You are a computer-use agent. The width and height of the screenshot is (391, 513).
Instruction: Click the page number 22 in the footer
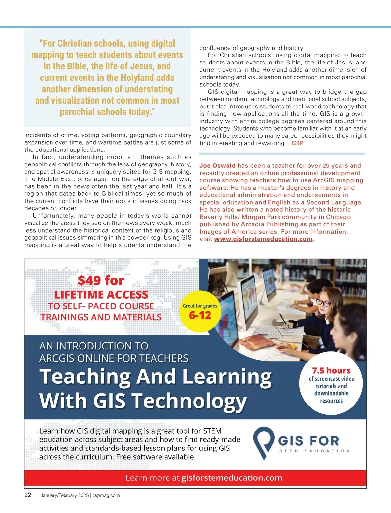(28, 495)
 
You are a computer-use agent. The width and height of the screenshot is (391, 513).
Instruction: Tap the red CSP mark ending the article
(297, 143)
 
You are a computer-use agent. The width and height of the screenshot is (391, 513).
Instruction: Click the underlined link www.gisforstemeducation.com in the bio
(263, 239)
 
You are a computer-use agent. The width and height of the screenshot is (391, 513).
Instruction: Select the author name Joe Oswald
(217, 166)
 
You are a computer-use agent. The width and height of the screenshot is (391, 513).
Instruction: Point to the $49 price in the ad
(89, 280)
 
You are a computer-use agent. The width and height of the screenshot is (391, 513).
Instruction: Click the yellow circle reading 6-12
(200, 311)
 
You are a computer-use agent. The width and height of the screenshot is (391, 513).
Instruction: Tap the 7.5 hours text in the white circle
(331, 371)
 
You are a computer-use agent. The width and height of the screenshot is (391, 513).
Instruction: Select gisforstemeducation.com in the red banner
(231, 478)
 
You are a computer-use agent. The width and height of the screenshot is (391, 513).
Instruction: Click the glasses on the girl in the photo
(323, 303)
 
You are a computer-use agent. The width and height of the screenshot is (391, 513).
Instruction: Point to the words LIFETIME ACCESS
(101, 295)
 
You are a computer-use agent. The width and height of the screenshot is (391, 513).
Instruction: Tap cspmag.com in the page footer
(106, 495)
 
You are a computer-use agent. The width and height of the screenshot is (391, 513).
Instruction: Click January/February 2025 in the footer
(65, 495)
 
